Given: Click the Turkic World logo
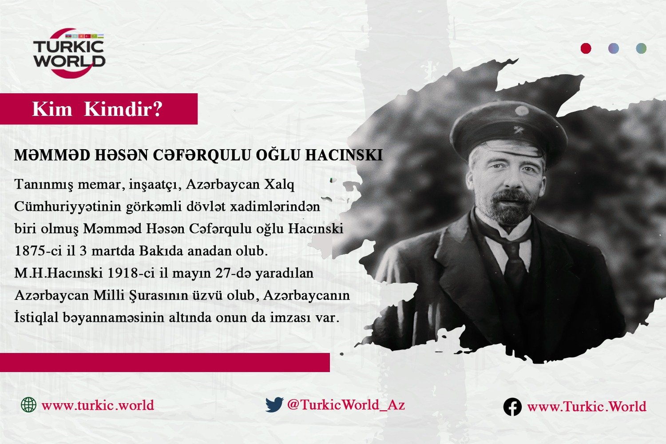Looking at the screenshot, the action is coord(69,54).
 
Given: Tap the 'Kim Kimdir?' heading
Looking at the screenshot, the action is coord(98,109).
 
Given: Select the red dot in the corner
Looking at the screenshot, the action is coord(586,48).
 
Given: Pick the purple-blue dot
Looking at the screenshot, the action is coord(614,48).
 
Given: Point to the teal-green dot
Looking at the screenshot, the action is coord(641,48).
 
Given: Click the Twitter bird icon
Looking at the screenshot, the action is coord(274,405).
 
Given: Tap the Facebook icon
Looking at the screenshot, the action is coord(512,407).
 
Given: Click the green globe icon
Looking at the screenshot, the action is coord(28,405).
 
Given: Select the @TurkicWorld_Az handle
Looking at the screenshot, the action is coord(346,405).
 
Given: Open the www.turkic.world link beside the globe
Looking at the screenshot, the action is coord(98,405).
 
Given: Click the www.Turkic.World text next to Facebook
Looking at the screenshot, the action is coord(587,407).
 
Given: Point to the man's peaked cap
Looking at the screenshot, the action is coord(509,129).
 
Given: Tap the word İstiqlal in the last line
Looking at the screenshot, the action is coord(36,317).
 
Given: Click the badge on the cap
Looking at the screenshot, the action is coord(522,111).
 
